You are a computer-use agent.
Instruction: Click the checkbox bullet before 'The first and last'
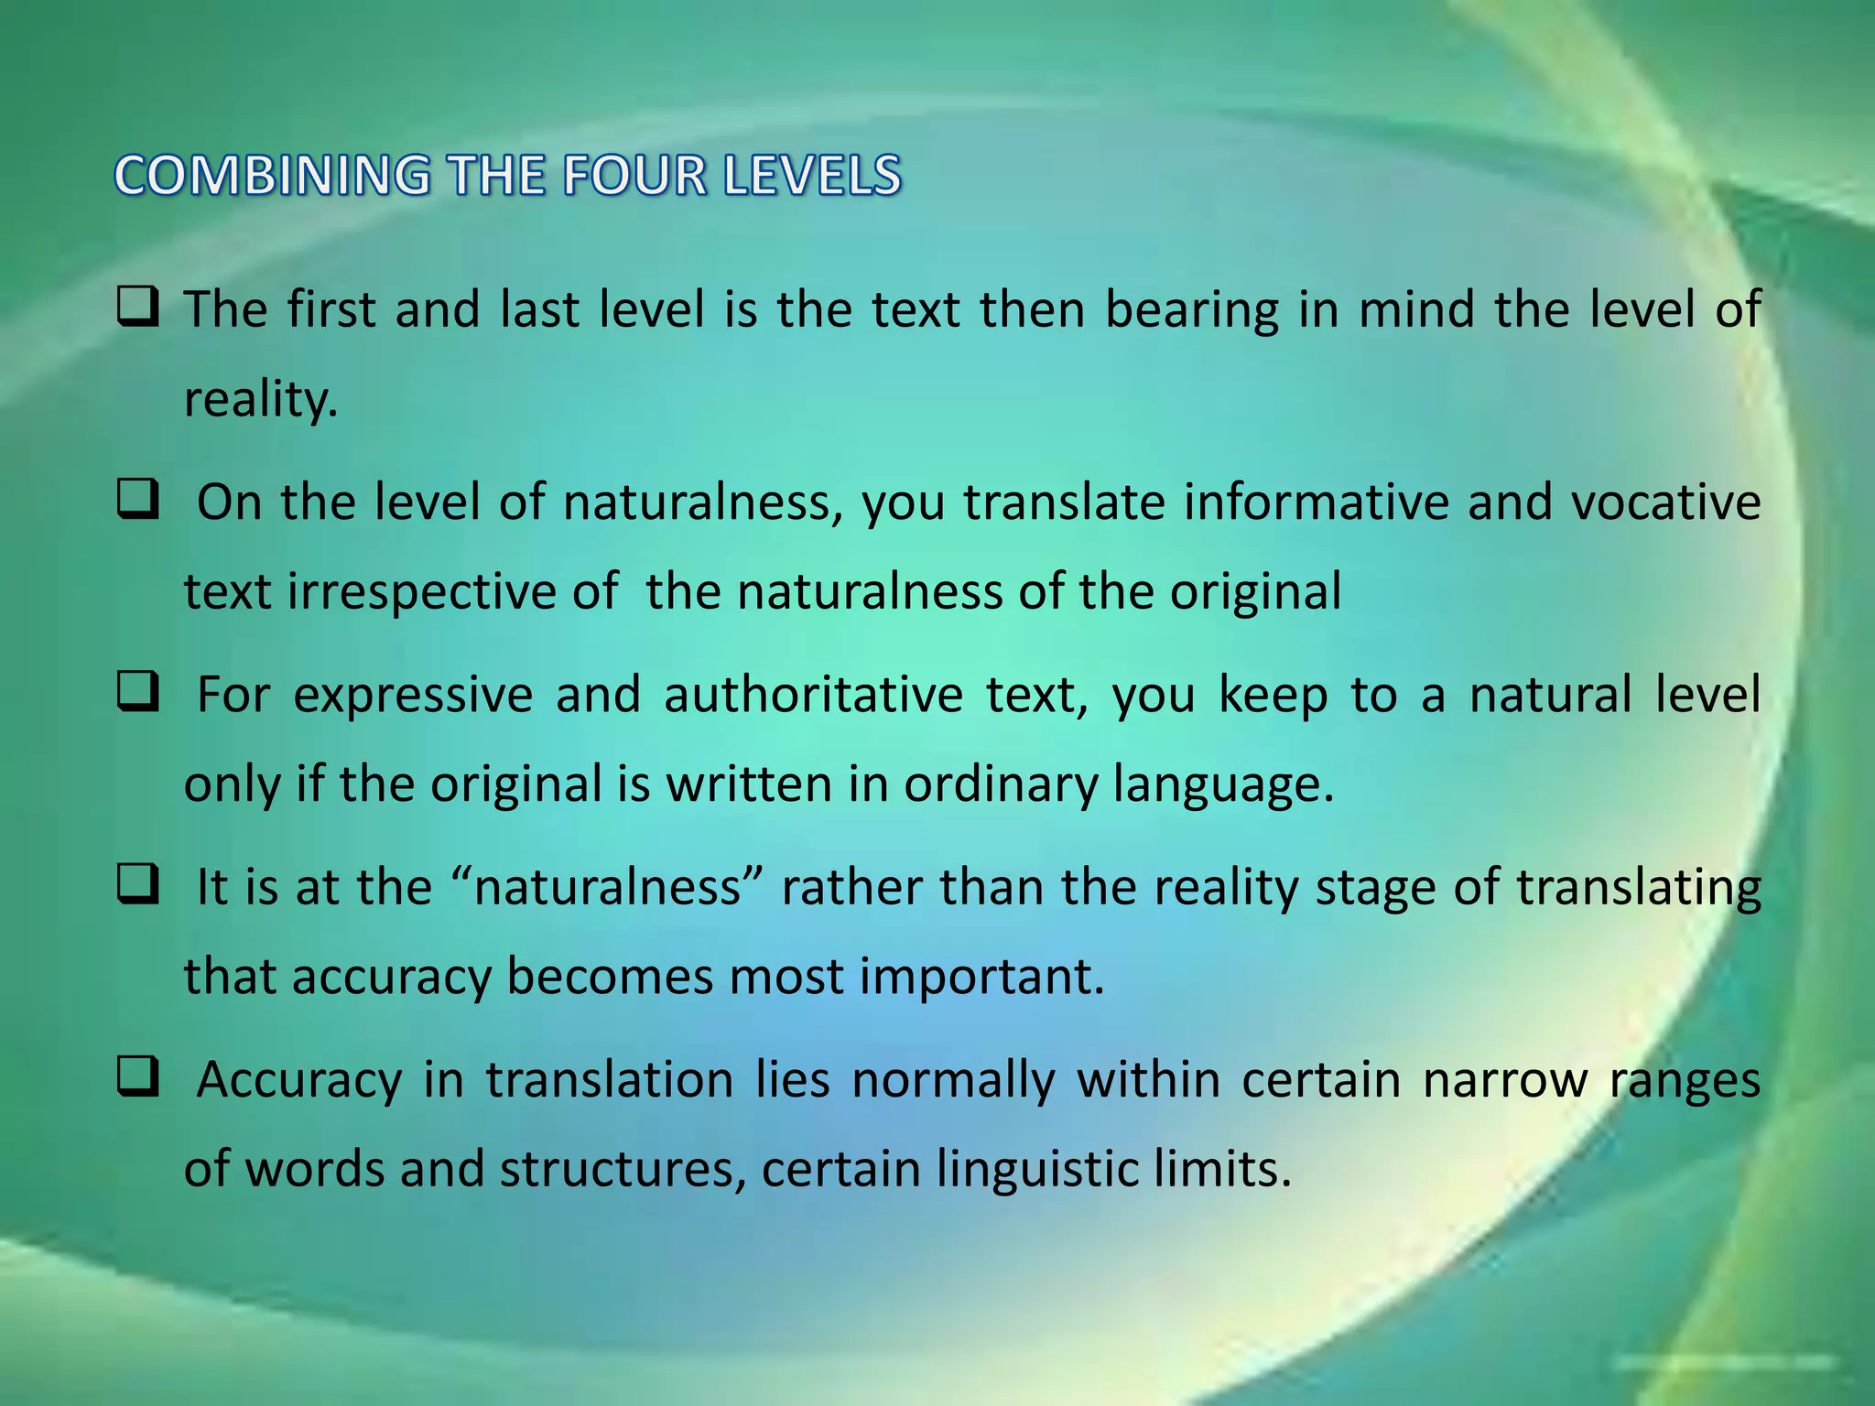[x=138, y=308]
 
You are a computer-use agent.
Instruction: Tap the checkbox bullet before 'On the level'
[x=138, y=502]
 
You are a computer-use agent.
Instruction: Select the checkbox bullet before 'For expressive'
[x=138, y=694]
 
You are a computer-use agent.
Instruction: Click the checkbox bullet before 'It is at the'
[x=138, y=886]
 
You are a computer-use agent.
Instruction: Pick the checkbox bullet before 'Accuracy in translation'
[x=138, y=1078]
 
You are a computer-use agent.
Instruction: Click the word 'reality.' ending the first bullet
[x=261, y=399]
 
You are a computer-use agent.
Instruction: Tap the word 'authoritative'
[x=813, y=695]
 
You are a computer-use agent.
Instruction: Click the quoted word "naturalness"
[x=608, y=887]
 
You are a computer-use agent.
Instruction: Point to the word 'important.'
[x=981, y=977]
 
